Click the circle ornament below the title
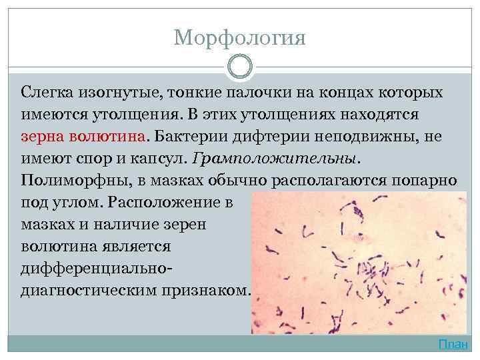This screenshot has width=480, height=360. pos(240,67)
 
